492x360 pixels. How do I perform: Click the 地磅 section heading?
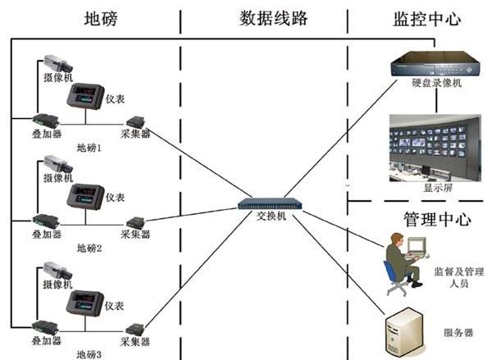[x=96, y=17]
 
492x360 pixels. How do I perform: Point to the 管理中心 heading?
[x=437, y=220]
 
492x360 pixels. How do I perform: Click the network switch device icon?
[x=268, y=202]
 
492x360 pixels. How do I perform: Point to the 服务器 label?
[x=458, y=333]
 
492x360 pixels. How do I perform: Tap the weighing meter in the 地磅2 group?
[x=84, y=198]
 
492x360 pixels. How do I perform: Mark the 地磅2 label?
[x=89, y=248]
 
